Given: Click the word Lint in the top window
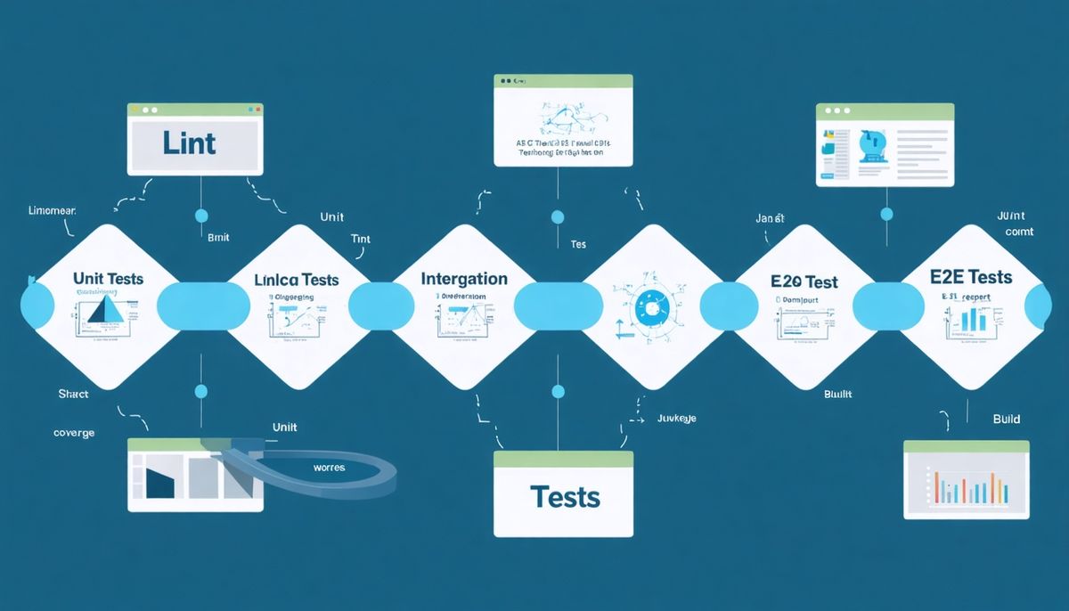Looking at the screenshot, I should (x=190, y=143).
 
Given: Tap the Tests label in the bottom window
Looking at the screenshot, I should (x=564, y=496).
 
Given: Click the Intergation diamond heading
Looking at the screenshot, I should (x=464, y=279).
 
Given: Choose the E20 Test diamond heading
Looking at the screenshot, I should (x=804, y=281).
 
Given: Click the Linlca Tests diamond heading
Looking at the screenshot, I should (x=297, y=280).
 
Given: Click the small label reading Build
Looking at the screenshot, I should (x=1007, y=419).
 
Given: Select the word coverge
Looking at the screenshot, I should (x=74, y=433).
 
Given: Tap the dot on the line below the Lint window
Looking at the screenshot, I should (x=200, y=216).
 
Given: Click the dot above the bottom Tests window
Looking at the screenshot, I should (x=559, y=391).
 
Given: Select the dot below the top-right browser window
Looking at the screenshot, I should (x=886, y=214).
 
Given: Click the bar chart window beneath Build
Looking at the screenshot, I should (x=967, y=481).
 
